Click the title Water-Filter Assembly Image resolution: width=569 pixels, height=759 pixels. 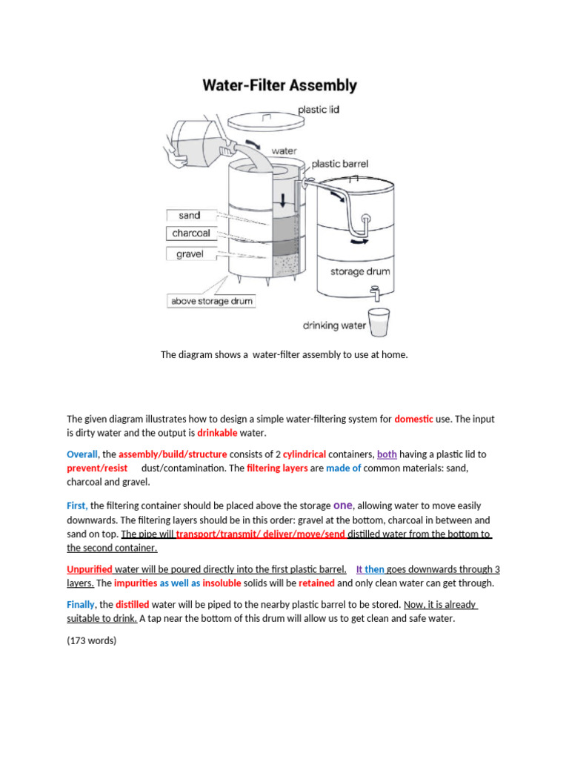tap(279, 85)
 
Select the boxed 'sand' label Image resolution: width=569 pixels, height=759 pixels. tap(190, 216)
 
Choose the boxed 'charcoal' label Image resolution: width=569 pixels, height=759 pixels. tap(191, 233)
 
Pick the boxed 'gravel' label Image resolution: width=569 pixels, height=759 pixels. tap(190, 254)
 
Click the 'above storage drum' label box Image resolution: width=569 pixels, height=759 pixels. tap(212, 301)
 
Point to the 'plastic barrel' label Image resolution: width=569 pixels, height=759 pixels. tap(339, 164)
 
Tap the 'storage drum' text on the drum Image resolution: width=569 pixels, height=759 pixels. tap(360, 272)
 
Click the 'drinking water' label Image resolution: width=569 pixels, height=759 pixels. tap(334, 325)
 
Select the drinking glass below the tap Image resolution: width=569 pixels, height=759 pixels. tap(379, 322)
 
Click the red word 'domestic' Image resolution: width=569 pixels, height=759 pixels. tap(413, 419)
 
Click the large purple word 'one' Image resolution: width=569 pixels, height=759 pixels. tap(344, 505)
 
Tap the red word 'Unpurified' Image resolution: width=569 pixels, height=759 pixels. tap(90, 569)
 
